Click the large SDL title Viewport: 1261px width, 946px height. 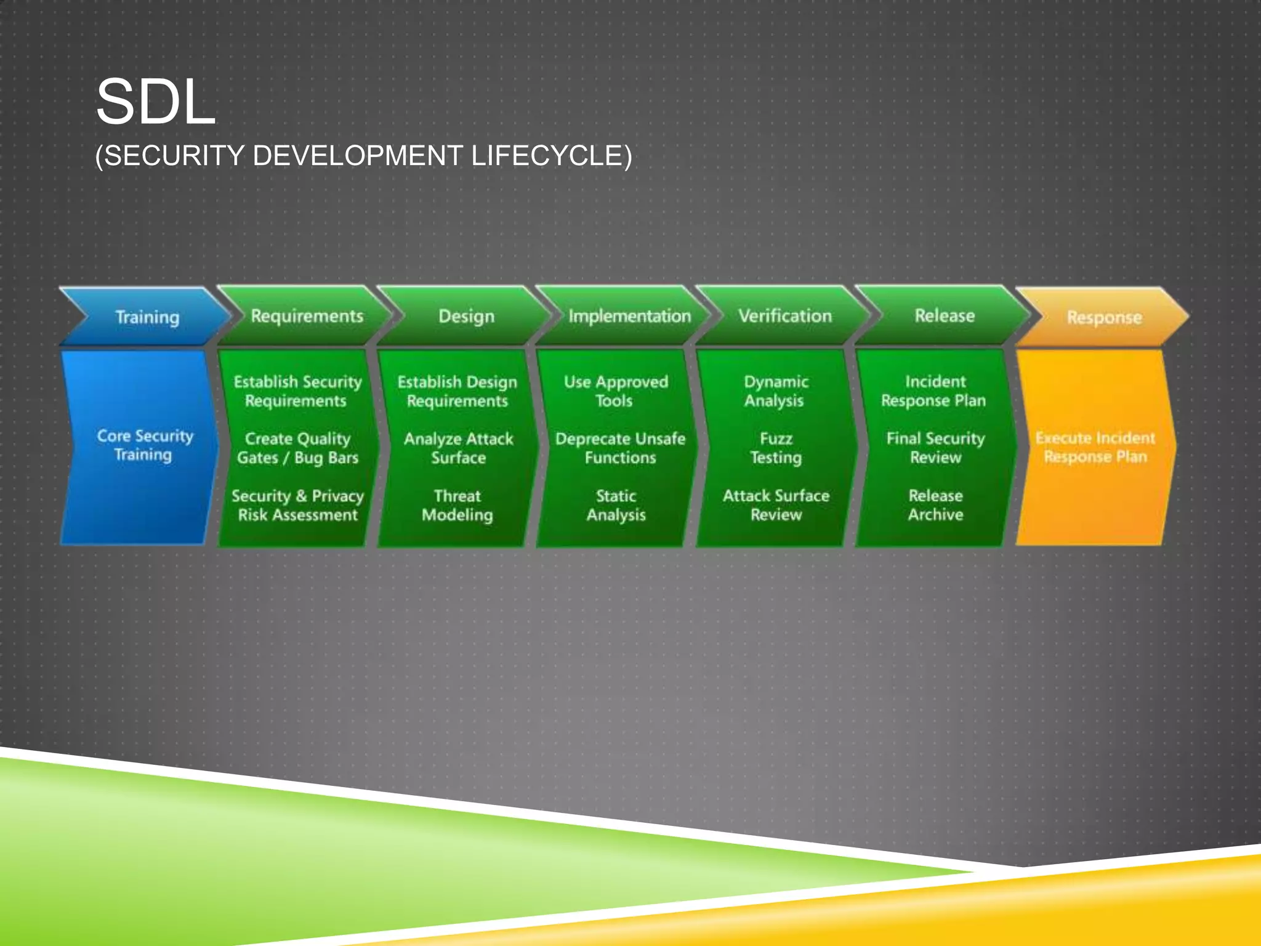[156, 102]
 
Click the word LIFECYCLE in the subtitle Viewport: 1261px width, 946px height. [551, 156]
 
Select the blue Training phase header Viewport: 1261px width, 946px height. [147, 317]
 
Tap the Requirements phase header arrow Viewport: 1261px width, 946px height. [307, 316]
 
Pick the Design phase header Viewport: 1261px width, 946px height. [466, 316]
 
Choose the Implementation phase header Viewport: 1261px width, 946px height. [629, 316]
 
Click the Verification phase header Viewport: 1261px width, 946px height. [784, 316]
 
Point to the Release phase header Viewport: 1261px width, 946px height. [944, 316]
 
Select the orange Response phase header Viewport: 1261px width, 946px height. [1103, 317]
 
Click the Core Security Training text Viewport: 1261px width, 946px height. [144, 445]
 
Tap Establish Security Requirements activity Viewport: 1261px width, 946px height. [297, 391]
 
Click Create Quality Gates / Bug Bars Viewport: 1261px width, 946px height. [297, 448]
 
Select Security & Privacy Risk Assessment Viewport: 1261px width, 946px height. [297, 505]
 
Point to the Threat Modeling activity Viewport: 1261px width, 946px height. [457, 505]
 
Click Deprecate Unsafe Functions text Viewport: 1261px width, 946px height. [619, 448]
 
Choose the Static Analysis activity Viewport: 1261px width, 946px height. [616, 505]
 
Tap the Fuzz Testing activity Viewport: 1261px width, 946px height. [775, 448]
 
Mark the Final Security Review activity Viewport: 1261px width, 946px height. [935, 448]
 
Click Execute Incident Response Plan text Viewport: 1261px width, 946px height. [1095, 447]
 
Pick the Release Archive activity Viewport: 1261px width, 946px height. [935, 505]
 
